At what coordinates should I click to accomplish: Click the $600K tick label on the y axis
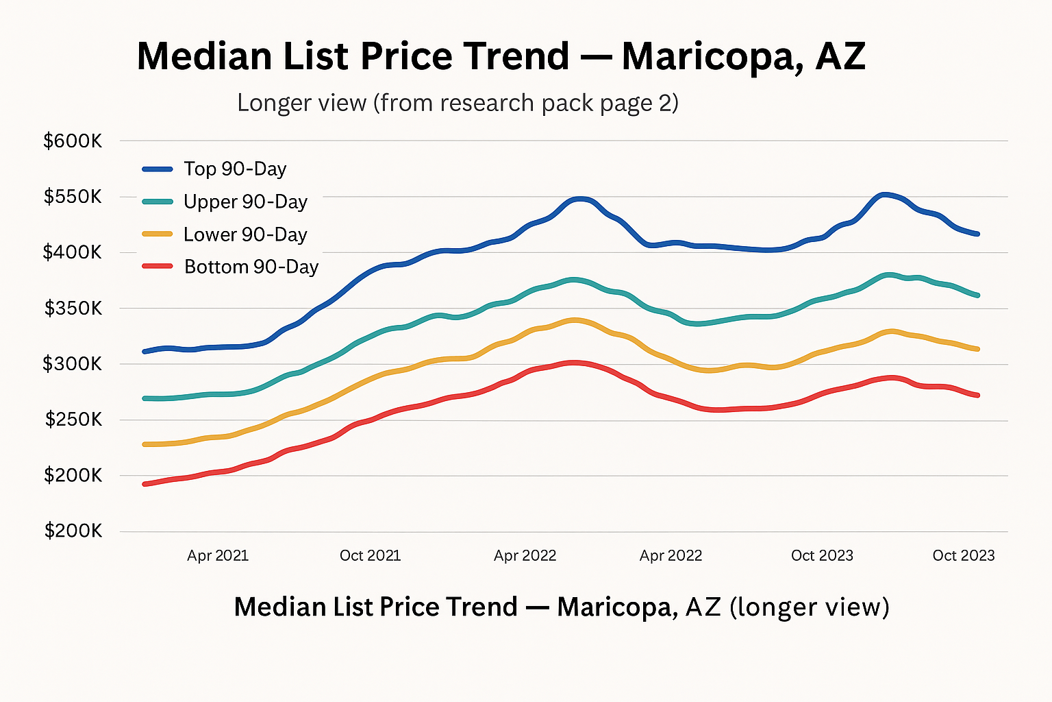coord(73,141)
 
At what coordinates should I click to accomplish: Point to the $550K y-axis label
coord(73,197)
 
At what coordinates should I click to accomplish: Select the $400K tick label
coord(73,253)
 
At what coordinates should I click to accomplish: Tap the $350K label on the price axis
coord(73,308)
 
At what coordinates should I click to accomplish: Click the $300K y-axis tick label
coord(73,364)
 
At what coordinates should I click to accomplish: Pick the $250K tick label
coord(73,420)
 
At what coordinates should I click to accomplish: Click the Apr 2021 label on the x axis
coord(218,555)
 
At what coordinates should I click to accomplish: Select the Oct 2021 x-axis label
coord(370,555)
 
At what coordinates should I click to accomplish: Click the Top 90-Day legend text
coord(235,169)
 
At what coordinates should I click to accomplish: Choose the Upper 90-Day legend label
coord(245,202)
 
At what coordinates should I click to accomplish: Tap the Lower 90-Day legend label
coord(245,234)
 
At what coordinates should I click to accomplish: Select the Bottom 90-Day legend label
coord(251,267)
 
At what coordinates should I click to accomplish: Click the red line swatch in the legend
coord(158,266)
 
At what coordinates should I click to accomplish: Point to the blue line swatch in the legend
coord(158,169)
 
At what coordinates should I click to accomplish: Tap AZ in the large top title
coord(840,56)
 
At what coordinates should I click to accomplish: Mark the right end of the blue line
coord(977,234)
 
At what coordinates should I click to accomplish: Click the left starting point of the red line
coord(144,484)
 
